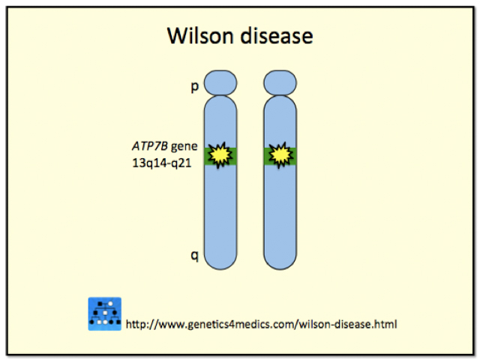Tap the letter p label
coord(194,88)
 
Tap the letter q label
coord(194,256)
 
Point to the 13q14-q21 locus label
coord(160,160)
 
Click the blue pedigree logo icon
coord(105,313)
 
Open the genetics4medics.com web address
coord(261,325)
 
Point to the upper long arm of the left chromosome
coord(220,120)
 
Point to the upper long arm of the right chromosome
coord(280,120)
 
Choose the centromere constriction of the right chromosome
coord(280,95)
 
